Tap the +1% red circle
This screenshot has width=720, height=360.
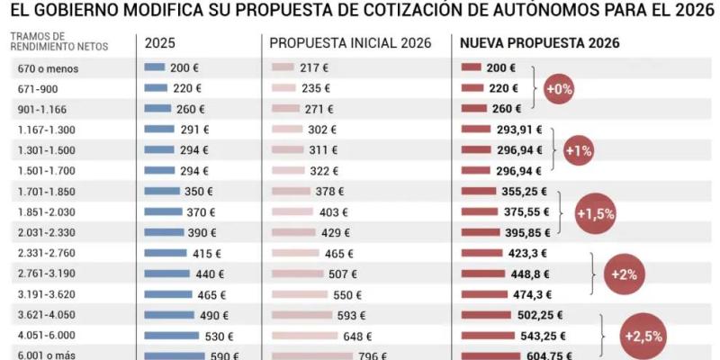(x=578, y=150)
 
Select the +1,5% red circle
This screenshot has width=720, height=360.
(x=595, y=213)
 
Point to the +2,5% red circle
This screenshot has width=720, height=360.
(x=644, y=335)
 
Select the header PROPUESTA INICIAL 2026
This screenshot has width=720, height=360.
(x=350, y=43)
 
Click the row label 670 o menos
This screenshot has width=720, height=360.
(x=43, y=68)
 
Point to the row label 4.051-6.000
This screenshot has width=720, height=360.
(x=46, y=335)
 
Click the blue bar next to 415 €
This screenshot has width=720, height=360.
(x=165, y=254)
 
